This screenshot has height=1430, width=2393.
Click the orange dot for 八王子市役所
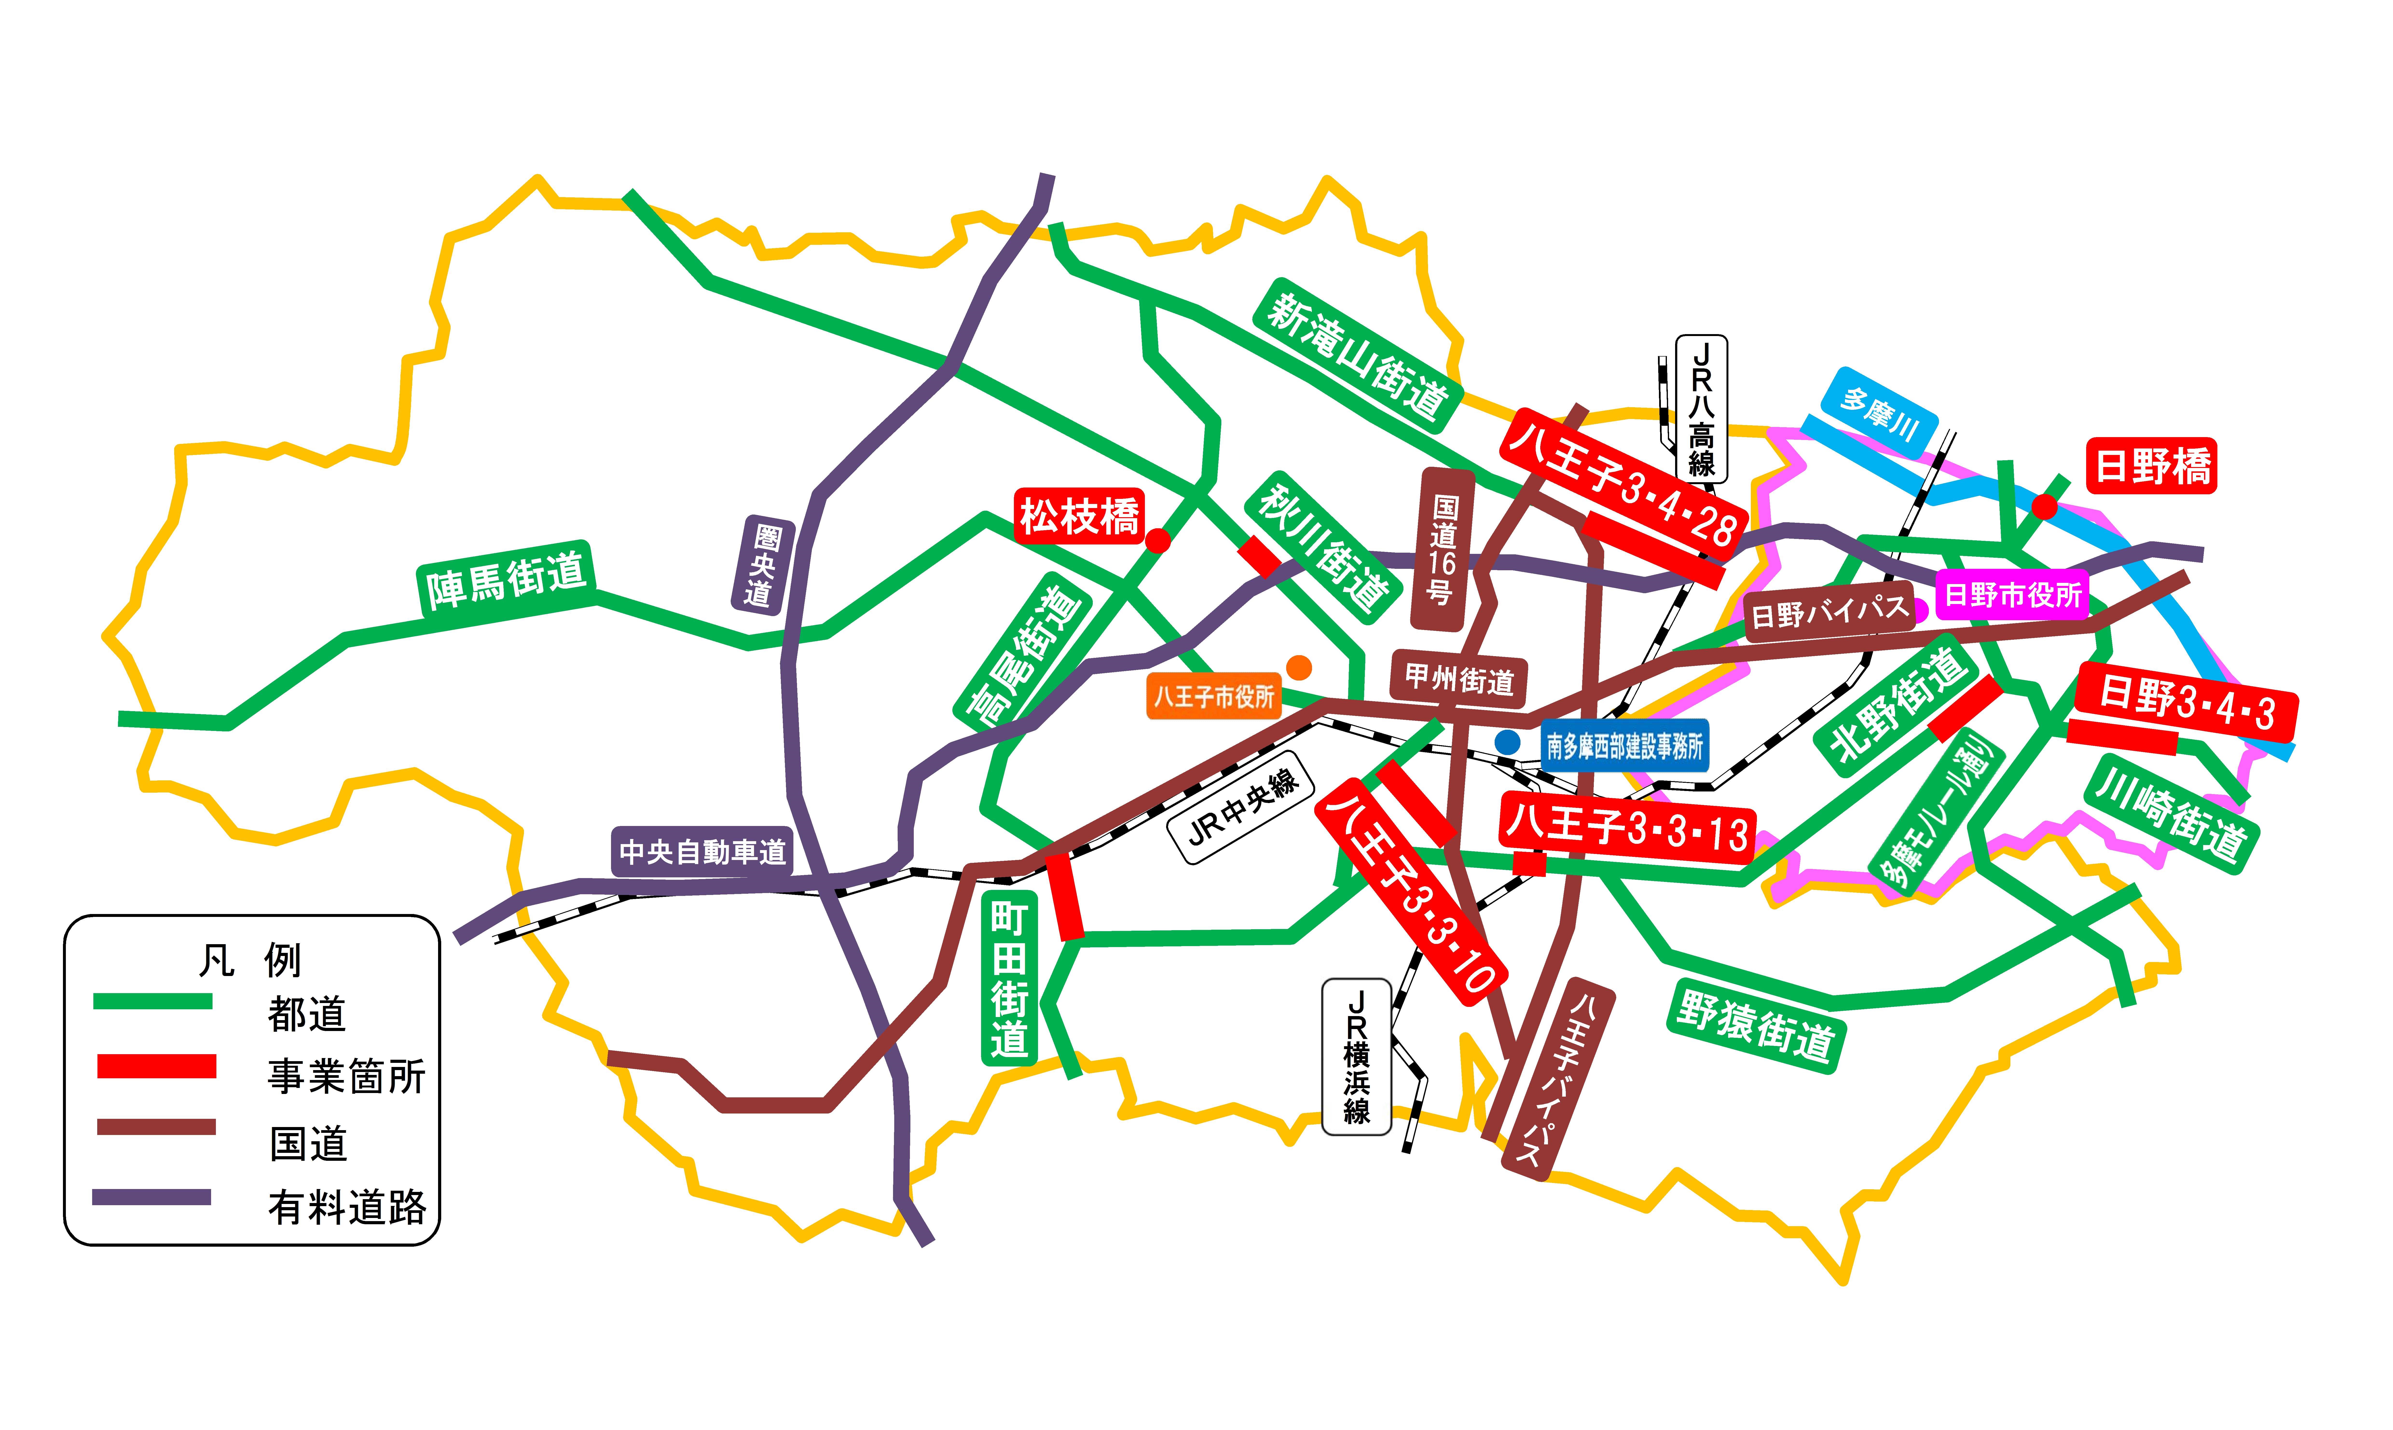[x=1299, y=667]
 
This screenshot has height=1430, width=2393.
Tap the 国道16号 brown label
[x=1442, y=549]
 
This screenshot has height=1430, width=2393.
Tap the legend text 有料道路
[x=347, y=1206]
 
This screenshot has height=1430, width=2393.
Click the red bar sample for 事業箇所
[x=156, y=1066]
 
